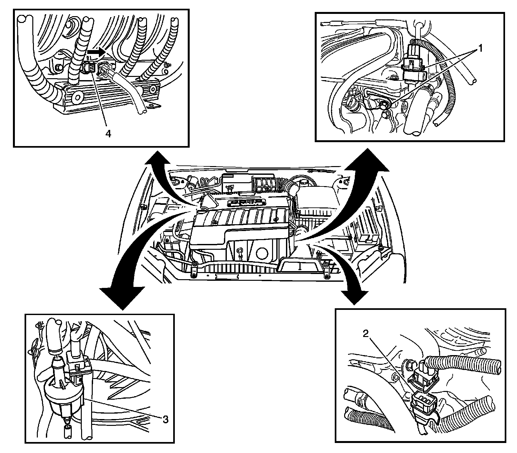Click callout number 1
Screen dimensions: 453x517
(480, 49)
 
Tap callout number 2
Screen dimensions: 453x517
(366, 334)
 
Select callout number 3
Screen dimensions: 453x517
(165, 419)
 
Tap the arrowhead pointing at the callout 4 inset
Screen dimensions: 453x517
(157, 160)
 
